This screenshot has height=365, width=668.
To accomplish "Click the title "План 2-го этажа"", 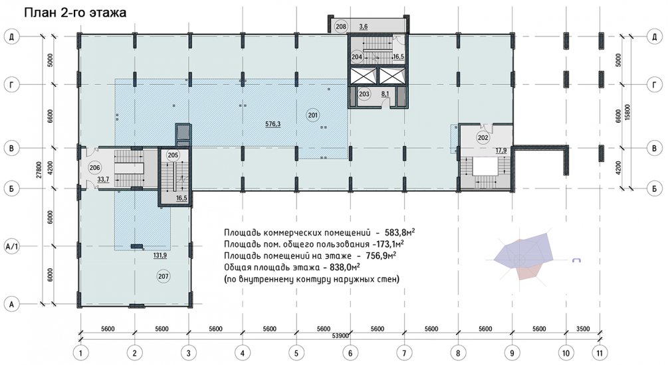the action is click(75, 13).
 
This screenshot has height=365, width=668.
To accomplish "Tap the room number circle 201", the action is click(313, 115).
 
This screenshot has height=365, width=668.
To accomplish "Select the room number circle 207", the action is click(164, 276).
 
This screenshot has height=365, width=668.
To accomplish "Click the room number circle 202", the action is click(483, 138).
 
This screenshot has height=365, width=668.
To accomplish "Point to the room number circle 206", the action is click(94, 168).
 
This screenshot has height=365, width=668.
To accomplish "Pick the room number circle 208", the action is click(341, 27).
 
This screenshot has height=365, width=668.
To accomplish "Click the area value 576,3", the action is click(273, 124).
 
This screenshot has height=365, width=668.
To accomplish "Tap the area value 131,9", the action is click(160, 256).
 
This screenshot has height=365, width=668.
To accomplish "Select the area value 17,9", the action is click(501, 150).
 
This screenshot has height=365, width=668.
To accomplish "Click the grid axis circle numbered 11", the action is click(600, 352).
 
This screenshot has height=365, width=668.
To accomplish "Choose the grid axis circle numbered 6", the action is click(350, 352).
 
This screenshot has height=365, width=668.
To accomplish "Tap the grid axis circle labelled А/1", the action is click(12, 246).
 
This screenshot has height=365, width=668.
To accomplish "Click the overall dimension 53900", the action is click(340, 336).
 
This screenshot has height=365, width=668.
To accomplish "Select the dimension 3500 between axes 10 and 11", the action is click(583, 328).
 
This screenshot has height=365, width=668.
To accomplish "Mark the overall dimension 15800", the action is click(626, 113).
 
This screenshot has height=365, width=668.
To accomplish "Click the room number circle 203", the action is click(364, 94).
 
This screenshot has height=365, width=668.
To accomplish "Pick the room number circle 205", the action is click(173, 155).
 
